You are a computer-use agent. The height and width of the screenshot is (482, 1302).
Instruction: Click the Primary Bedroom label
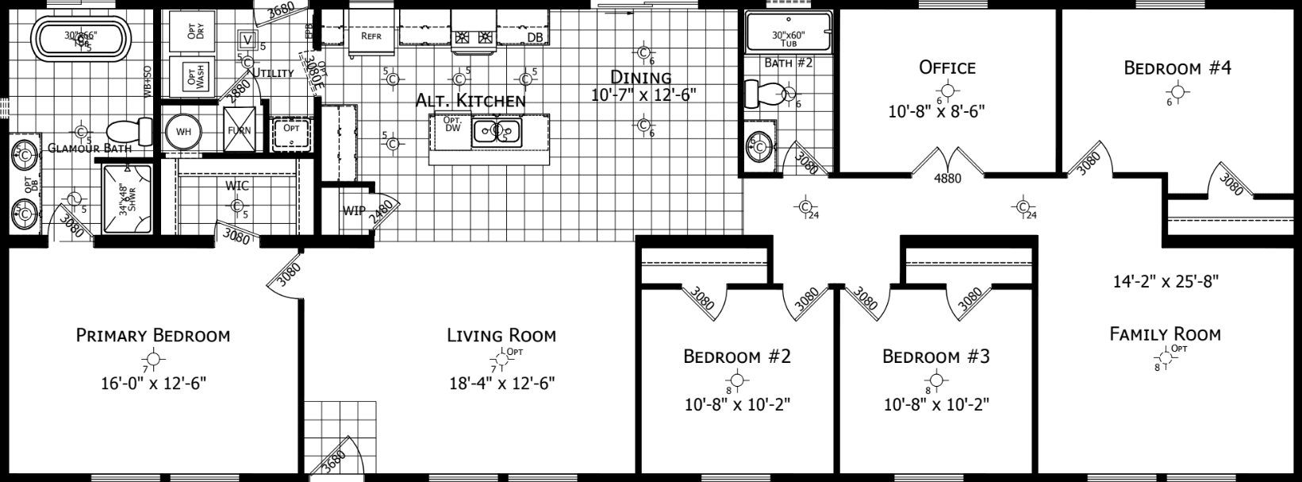pyautogui.click(x=153, y=335)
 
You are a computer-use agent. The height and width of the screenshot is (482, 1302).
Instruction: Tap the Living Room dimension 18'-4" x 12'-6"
pyautogui.click(x=501, y=383)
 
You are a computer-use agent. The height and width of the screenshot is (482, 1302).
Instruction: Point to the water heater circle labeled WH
pyautogui.click(x=184, y=131)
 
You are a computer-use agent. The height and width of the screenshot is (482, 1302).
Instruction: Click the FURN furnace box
pyautogui.click(x=240, y=130)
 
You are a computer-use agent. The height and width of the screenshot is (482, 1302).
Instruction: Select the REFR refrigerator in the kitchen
pyautogui.click(x=372, y=37)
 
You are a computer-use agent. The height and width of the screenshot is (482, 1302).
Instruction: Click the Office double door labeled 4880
pyautogui.click(x=947, y=165)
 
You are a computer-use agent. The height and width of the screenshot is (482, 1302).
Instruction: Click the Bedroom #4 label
pyautogui.click(x=1177, y=68)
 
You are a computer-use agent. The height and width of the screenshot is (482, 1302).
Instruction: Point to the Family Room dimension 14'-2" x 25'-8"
pyautogui.click(x=1165, y=280)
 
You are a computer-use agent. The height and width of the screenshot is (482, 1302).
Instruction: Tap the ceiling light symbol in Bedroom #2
pyautogui.click(x=737, y=380)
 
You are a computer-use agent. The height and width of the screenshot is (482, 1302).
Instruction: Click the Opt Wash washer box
pyautogui.click(x=190, y=77)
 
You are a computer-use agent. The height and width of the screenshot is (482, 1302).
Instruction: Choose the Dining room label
pyautogui.click(x=641, y=77)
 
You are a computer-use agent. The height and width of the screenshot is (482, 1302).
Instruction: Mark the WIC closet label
pyautogui.click(x=236, y=186)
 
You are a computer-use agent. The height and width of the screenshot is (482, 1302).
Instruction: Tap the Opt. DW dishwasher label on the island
pyautogui.click(x=452, y=125)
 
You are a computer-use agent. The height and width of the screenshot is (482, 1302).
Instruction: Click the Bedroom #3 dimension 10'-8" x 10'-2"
pyautogui.click(x=936, y=405)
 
